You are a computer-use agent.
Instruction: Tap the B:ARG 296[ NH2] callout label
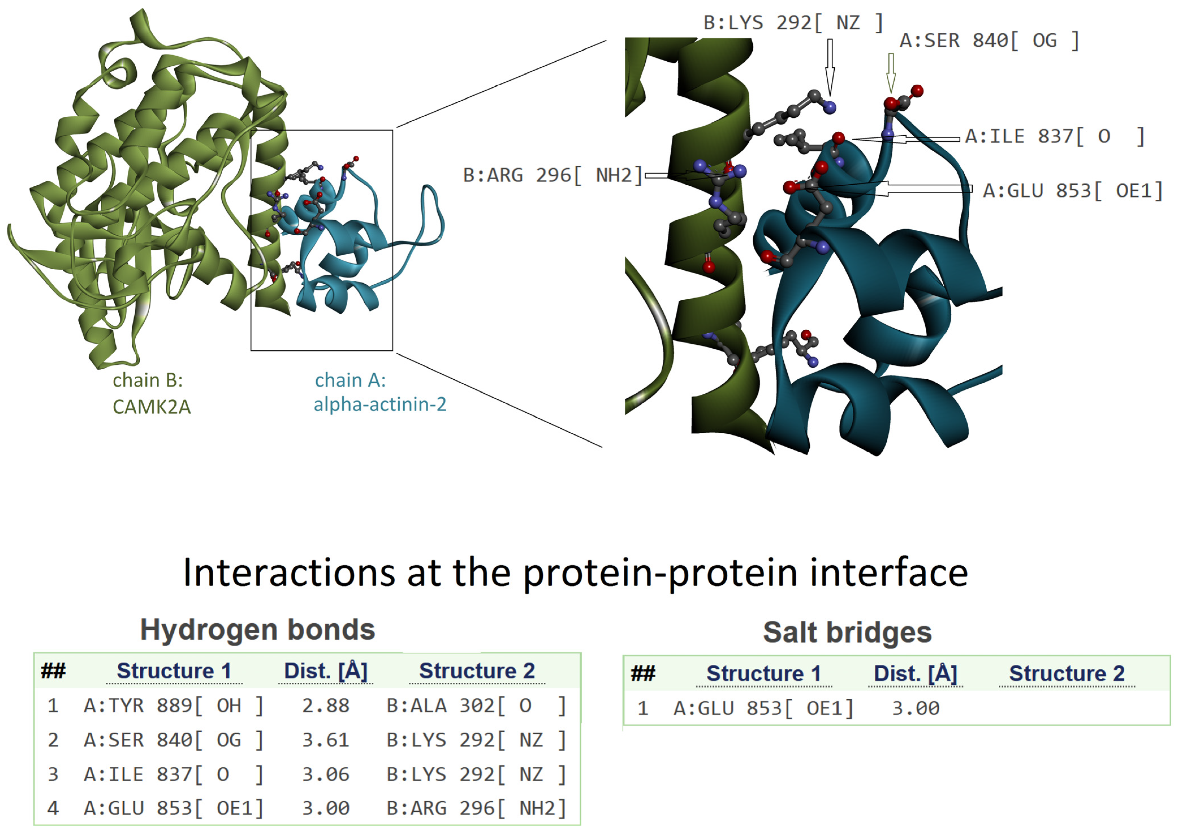tap(552, 176)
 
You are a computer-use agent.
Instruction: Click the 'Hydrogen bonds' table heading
tap(257, 630)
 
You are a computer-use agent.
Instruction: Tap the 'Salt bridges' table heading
tap(847, 633)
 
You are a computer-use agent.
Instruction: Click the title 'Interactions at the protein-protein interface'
tap(575, 572)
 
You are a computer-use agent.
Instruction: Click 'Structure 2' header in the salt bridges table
tap(1067, 674)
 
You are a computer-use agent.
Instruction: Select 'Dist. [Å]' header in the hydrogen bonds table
tap(325, 671)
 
